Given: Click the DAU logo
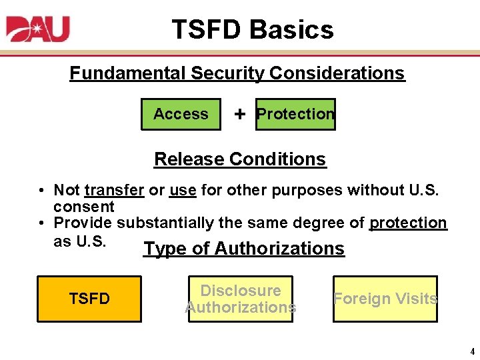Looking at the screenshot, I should pos(38,29).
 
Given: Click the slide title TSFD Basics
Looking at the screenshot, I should pos(252,30).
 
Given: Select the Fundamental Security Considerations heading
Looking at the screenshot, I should pos(237,73).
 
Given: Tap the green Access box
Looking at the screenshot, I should pos(181,114).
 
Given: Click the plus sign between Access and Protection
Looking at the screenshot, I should pos(239,114).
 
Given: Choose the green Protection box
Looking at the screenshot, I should pos(295,114).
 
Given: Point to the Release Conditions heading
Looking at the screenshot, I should pos(240,159).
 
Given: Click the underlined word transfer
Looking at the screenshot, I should pos(114,191).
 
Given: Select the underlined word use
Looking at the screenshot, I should pos(183,191).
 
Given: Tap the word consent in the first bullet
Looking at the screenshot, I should pos(84,207).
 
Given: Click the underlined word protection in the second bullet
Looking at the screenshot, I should pos(408,223).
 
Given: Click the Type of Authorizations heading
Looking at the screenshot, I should pos(244,249).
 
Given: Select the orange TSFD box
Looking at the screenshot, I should pos(89,299).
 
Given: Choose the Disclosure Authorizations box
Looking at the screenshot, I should pos(240,299).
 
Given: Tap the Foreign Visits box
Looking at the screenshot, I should pos(385,299).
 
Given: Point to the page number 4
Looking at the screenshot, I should pos(472,351).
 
